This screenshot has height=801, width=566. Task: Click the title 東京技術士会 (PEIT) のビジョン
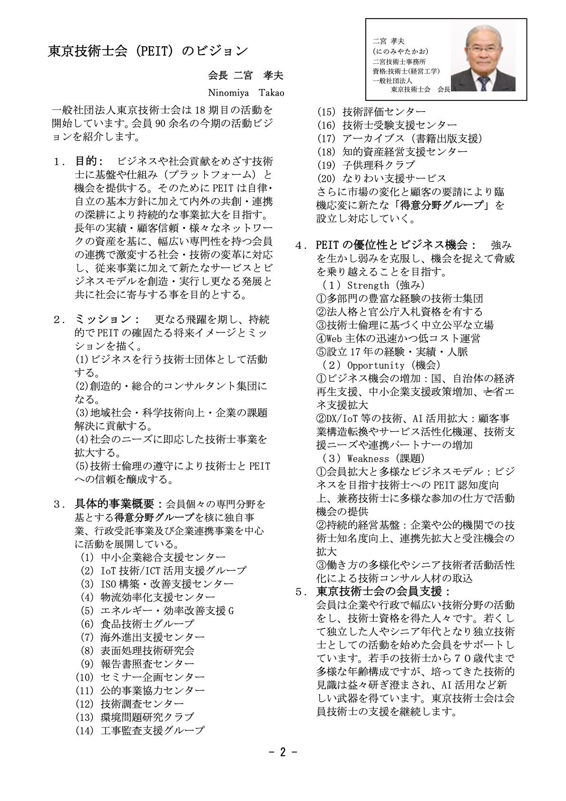click(148, 50)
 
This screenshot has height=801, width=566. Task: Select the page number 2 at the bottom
click(283, 752)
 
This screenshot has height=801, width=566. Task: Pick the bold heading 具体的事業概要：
click(119, 504)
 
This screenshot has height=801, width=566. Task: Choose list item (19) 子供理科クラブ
click(366, 165)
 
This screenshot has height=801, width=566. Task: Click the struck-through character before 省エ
click(489, 391)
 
